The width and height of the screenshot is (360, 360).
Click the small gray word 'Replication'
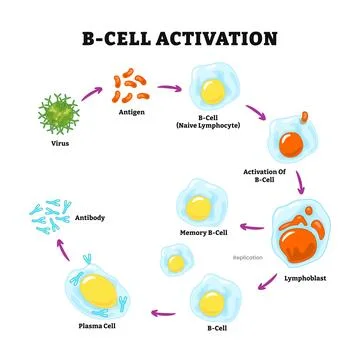(249, 257)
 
